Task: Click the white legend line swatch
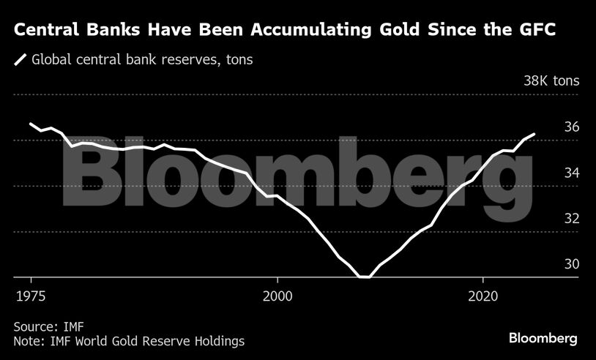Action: [21, 60]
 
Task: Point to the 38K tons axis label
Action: [551, 80]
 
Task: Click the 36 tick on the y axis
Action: [572, 127]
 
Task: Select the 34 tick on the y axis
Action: [572, 173]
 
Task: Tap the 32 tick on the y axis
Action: [572, 218]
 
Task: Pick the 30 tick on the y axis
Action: [572, 264]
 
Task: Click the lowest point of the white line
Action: [365, 277]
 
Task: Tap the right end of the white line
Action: [535, 134]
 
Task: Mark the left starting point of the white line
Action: [30, 124]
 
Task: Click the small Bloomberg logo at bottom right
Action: [543, 338]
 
